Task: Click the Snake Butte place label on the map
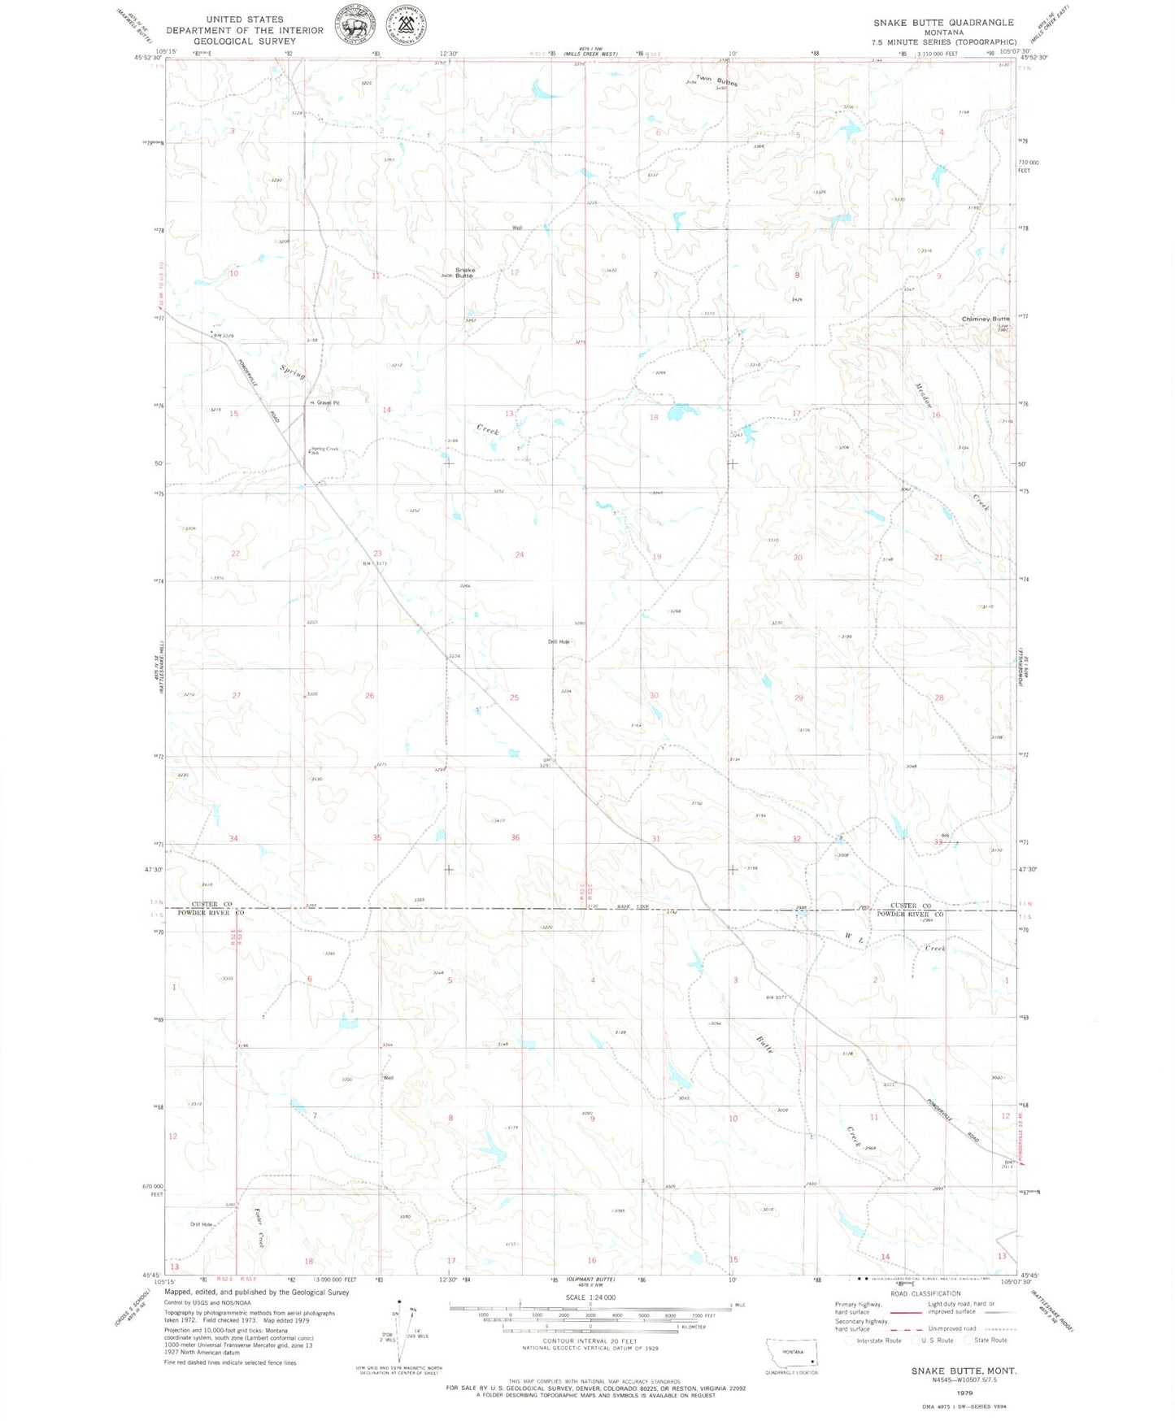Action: [x=464, y=272]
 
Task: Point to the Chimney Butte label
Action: [x=986, y=319]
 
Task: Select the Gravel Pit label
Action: [x=323, y=402]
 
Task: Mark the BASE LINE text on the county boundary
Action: [x=629, y=906]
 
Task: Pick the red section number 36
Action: [x=515, y=837]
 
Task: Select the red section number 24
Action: [x=520, y=554]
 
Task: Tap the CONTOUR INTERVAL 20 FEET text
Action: [x=590, y=1341]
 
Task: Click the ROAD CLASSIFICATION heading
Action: [x=925, y=1293]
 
